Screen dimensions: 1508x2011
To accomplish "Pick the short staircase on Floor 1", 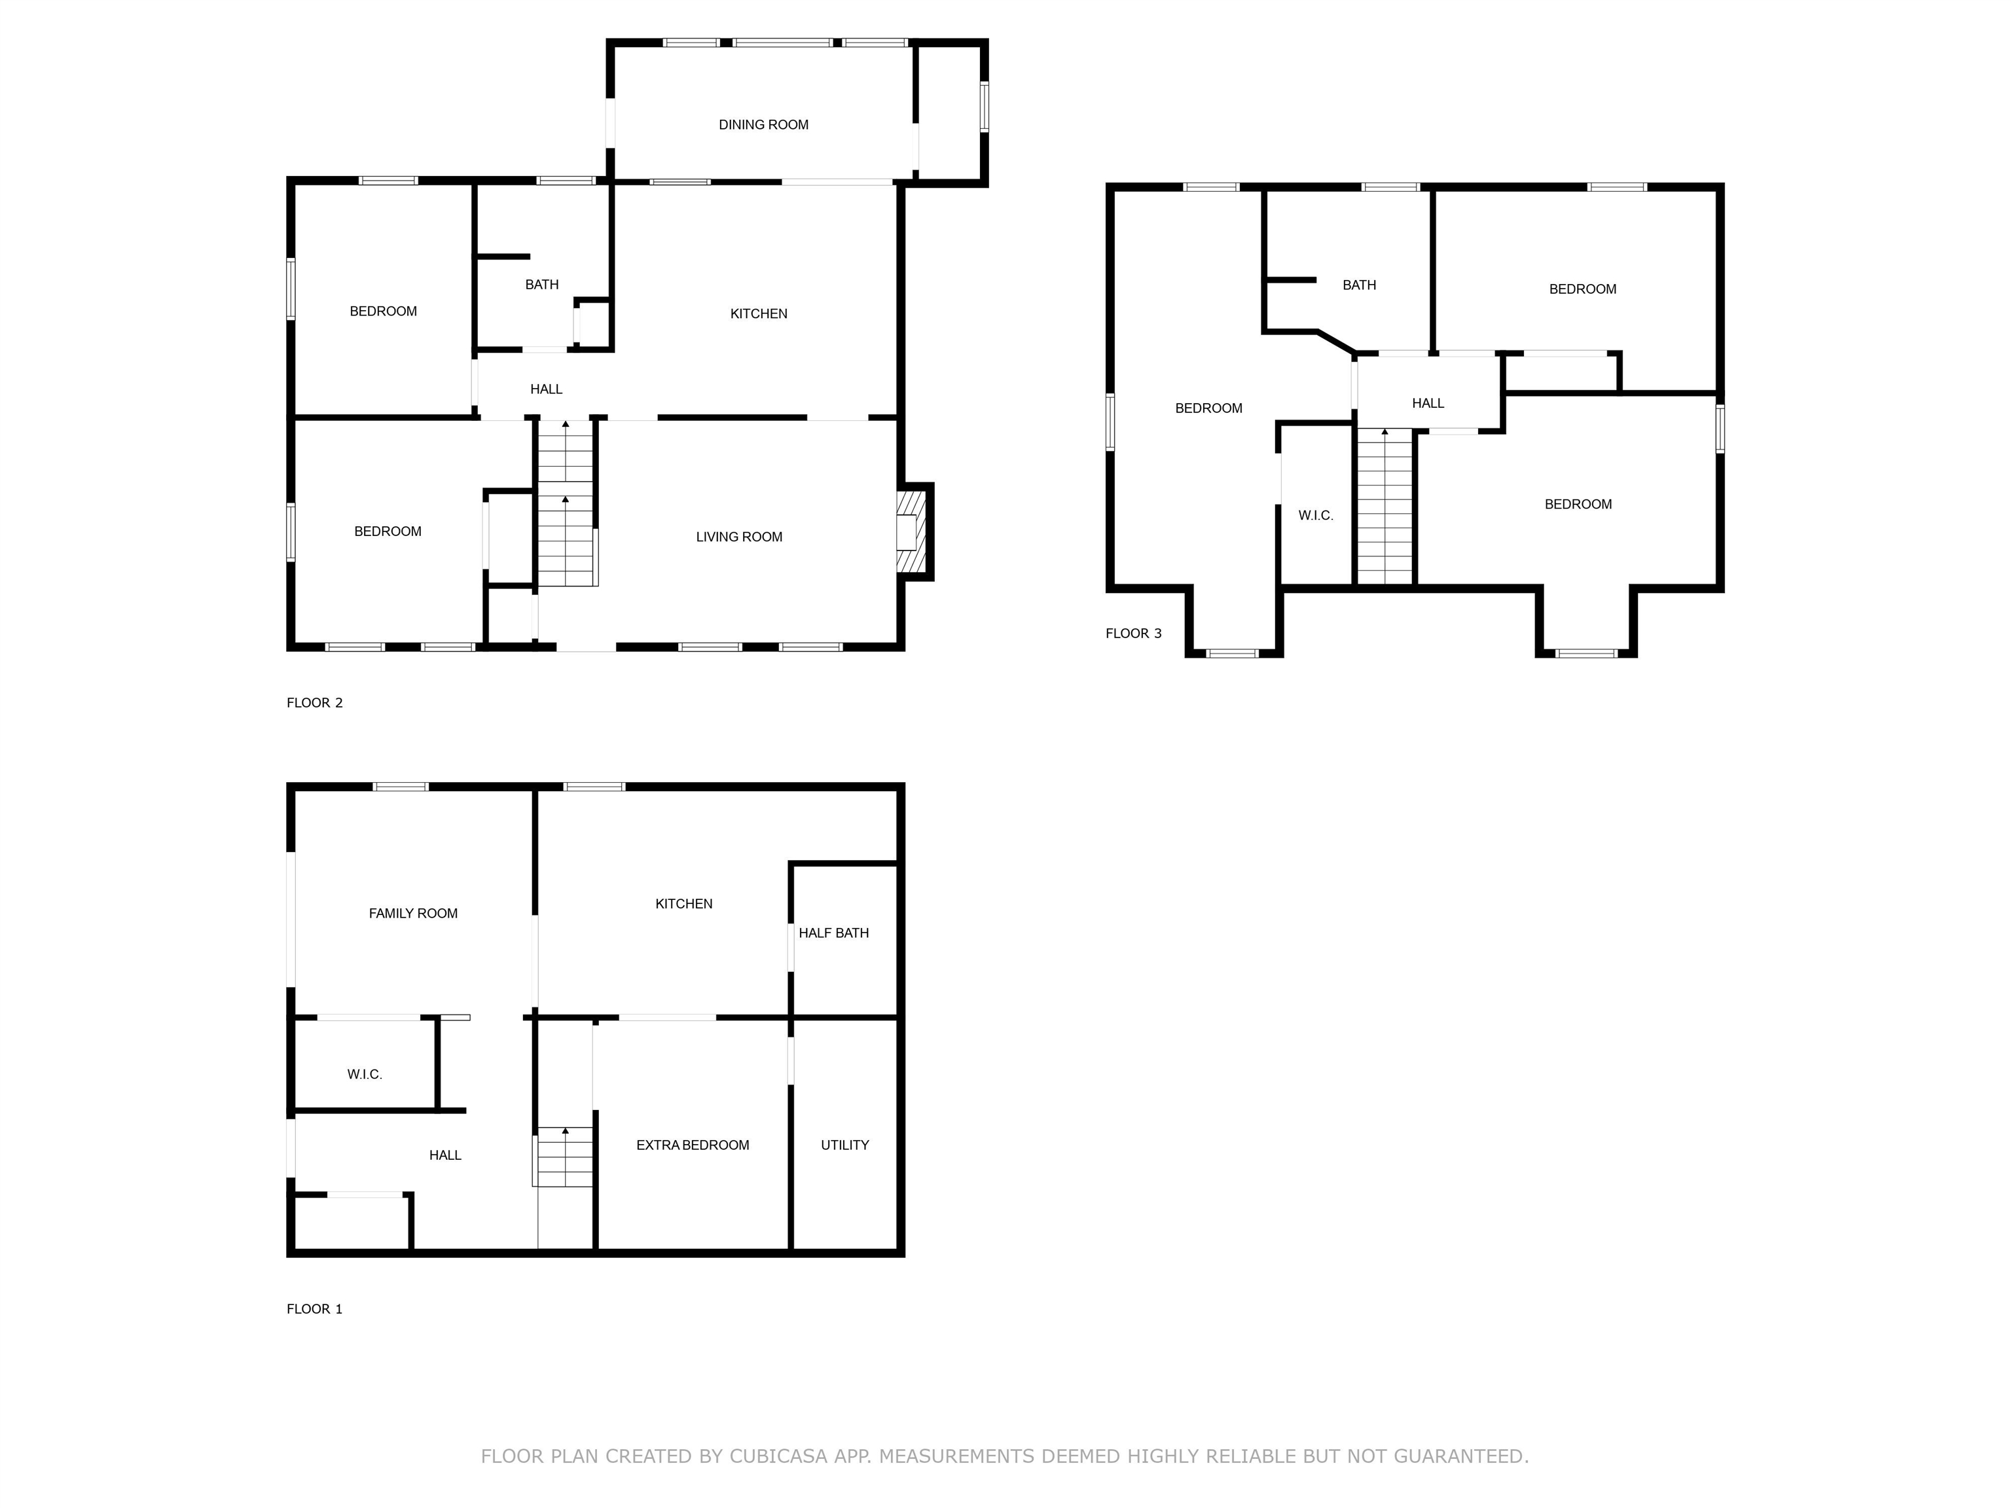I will (x=564, y=1157).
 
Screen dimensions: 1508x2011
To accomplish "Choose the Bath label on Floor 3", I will (x=1358, y=285).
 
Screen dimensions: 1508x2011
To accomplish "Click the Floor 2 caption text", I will (x=315, y=703).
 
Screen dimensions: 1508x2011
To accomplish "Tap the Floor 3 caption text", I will (x=1132, y=634).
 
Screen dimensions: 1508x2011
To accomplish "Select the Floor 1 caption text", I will (x=315, y=1309).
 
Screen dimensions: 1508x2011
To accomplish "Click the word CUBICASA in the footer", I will (x=778, y=1456).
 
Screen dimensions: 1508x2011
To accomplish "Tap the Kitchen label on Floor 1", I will (x=683, y=903).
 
